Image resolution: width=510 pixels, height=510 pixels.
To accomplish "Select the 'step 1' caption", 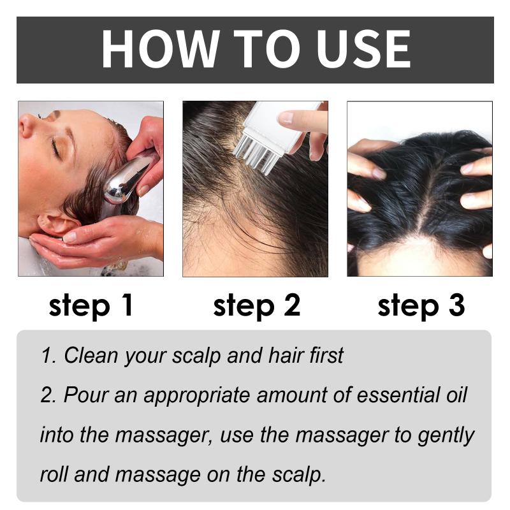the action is pyautogui.click(x=91, y=306).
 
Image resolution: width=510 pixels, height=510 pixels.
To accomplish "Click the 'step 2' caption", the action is pyautogui.click(x=257, y=306).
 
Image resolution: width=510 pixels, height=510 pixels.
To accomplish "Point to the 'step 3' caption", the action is pyautogui.click(x=421, y=306).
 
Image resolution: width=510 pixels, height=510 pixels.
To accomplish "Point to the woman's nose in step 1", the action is pyautogui.click(x=27, y=125).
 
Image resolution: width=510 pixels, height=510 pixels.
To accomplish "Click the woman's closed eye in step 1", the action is pyautogui.click(x=55, y=148).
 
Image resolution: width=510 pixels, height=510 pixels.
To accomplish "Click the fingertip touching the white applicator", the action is pyautogui.click(x=287, y=117).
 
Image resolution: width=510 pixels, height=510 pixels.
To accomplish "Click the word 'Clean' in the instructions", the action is pyautogui.click(x=91, y=355).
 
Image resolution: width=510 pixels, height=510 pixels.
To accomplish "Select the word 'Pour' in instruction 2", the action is pyautogui.click(x=85, y=395).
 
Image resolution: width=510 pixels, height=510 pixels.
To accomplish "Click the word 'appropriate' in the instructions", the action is pyautogui.click(x=196, y=396).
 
